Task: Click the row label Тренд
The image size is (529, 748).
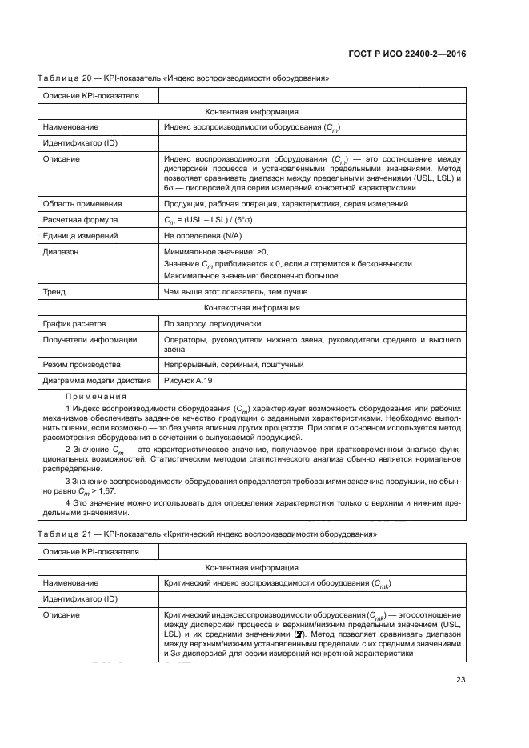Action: point(54,291)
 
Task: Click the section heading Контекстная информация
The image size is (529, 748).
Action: point(252,307)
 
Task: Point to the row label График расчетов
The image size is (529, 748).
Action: point(74,323)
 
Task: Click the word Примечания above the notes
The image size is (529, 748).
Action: point(96,397)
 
